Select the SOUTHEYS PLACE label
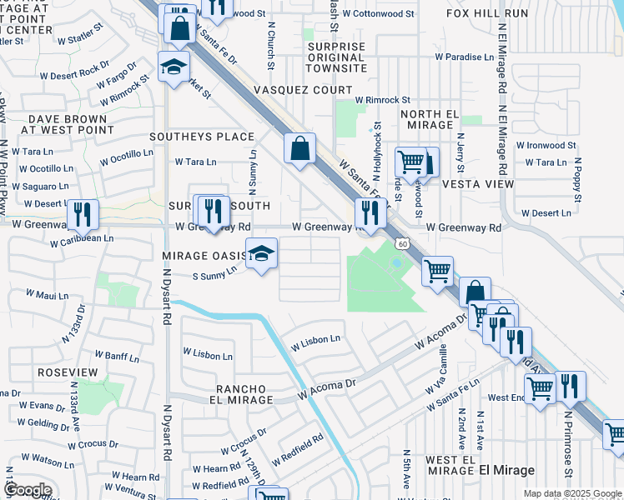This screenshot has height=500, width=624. pyautogui.click(x=201, y=136)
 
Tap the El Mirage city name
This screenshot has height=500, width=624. pyautogui.click(x=507, y=471)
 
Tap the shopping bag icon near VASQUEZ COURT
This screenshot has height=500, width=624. pyautogui.click(x=299, y=148)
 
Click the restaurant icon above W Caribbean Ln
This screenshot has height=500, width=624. pyautogui.click(x=82, y=213)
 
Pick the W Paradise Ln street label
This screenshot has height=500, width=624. pyautogui.click(x=465, y=57)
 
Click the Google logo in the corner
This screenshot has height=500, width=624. pyautogui.click(x=27, y=489)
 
